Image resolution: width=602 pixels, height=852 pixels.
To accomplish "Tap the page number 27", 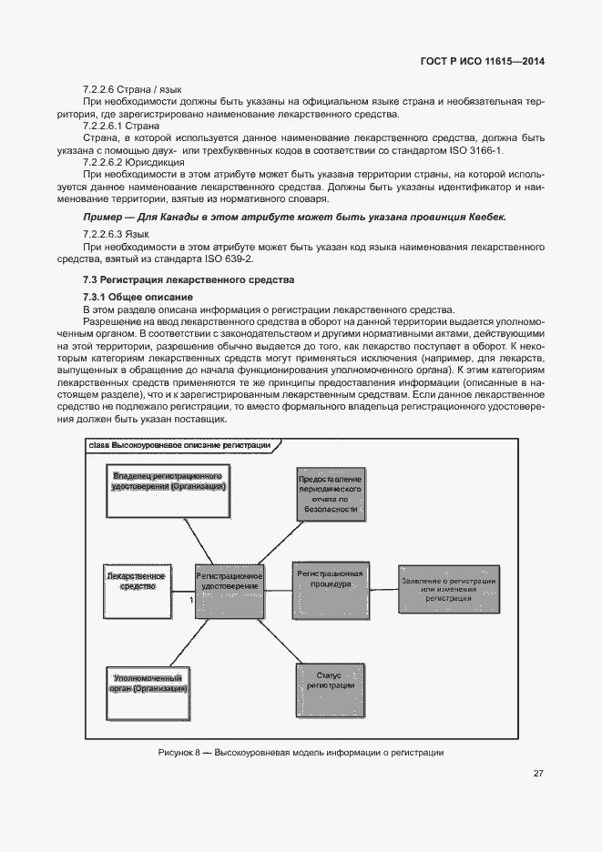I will [x=538, y=774].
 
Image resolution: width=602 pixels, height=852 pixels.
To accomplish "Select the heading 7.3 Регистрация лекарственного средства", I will [x=189, y=279].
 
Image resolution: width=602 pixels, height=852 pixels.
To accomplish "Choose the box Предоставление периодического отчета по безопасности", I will [x=331, y=494].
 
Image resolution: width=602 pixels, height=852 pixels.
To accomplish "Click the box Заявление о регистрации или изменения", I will [x=446, y=589].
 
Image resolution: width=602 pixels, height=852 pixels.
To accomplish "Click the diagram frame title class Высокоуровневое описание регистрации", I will [x=179, y=444].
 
